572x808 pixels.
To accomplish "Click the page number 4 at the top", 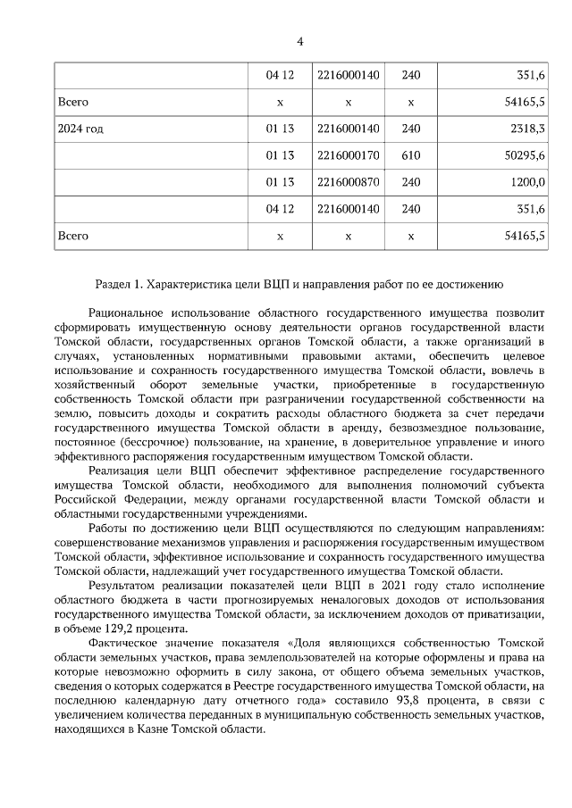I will [x=299, y=41].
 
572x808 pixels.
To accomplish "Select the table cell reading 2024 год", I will [x=80, y=129].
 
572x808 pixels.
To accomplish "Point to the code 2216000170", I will [x=348, y=155].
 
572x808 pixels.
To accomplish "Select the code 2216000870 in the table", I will [x=348, y=182].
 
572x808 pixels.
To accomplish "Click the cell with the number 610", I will [x=410, y=155].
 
